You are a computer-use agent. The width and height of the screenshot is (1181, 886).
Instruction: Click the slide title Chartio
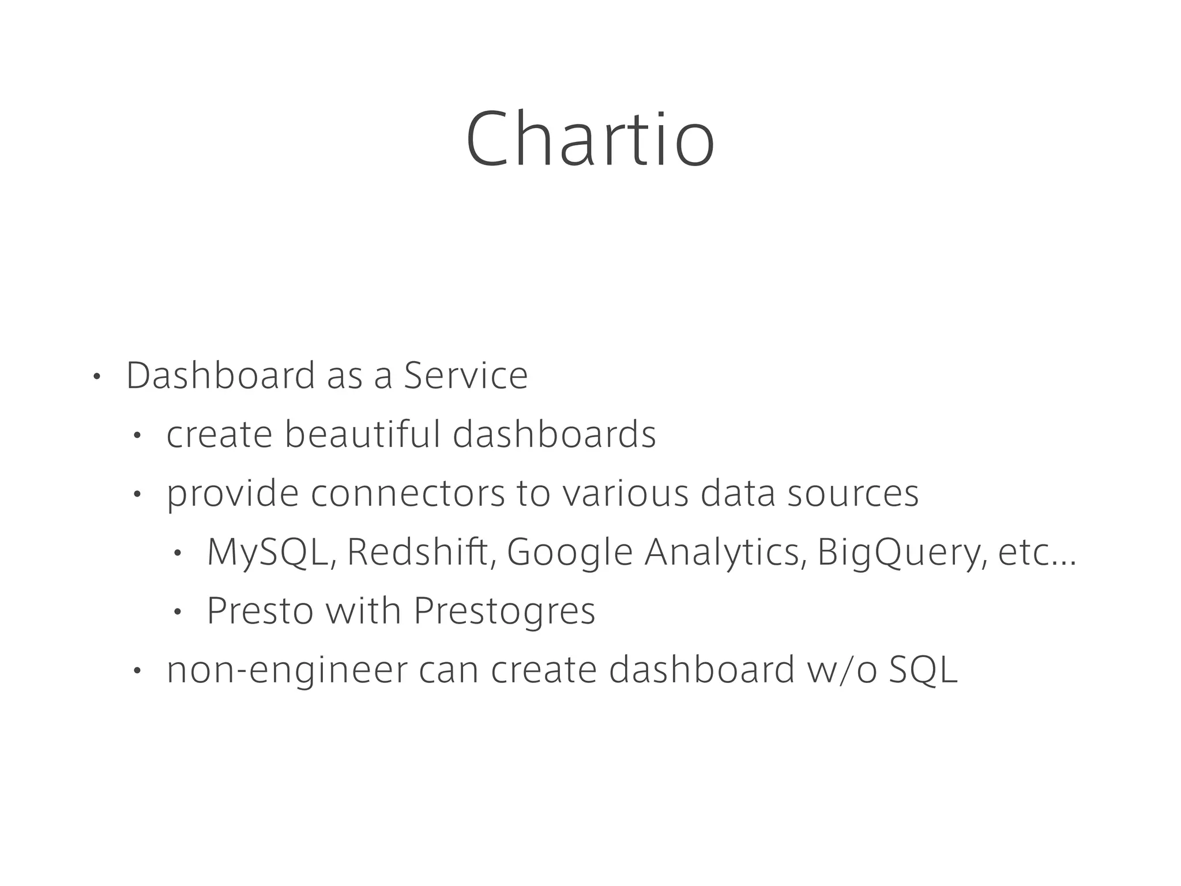click(590, 140)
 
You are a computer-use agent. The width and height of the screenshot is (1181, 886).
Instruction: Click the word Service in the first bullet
click(465, 376)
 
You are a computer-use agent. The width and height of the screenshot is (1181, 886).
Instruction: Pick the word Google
click(570, 552)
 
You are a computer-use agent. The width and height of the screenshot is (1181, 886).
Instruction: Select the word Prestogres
click(505, 611)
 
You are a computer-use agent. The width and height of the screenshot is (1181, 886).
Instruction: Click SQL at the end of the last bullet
click(923, 670)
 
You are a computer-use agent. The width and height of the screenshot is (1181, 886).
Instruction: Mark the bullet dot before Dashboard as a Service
click(96, 377)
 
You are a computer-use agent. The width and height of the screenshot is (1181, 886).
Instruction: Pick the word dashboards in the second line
click(554, 434)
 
